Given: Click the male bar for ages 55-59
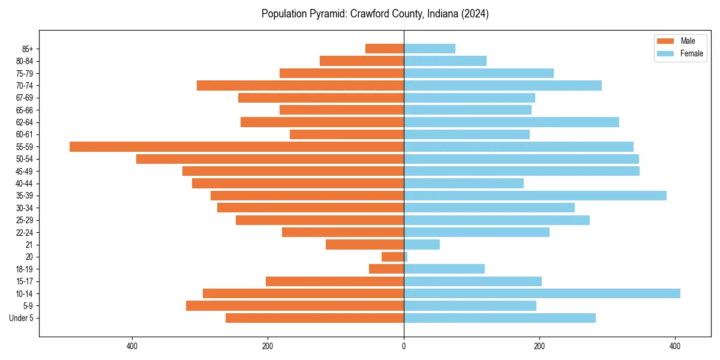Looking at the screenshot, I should click(236, 146).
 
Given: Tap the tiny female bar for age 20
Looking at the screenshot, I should click(406, 257).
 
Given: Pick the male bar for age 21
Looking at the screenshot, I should click(365, 244).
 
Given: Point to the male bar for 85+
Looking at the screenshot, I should click(385, 49).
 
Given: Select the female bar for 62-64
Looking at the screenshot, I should click(511, 122).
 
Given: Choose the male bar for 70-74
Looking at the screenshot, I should click(300, 85).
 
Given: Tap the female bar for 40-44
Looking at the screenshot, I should click(464, 183).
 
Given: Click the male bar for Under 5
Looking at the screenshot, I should click(314, 318).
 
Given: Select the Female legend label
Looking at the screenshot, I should click(691, 53).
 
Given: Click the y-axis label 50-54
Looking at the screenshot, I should click(25, 159).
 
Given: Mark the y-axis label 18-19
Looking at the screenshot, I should click(25, 269).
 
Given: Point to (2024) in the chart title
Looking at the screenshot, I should click(474, 14).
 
